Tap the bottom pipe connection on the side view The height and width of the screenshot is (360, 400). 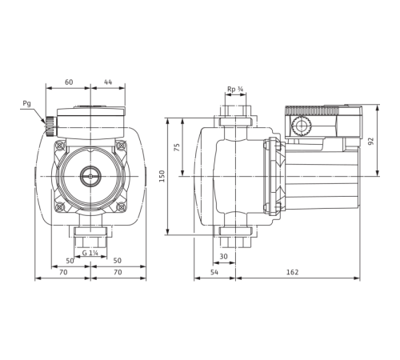point(234,239)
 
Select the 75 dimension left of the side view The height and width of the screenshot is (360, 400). point(177,147)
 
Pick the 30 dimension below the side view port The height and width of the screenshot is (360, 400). point(223,256)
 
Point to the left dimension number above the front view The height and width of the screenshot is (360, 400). point(70,82)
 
